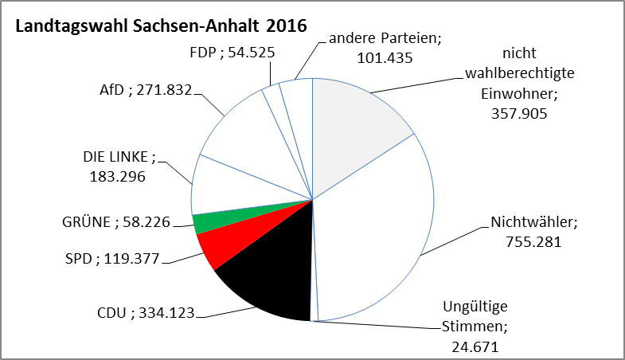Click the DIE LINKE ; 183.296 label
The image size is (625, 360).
119,166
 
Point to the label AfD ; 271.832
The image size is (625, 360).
139,90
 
